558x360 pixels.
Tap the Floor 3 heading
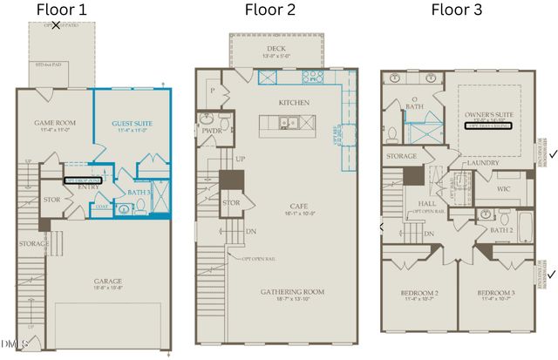pos(459,10)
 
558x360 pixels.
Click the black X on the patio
pos(56,25)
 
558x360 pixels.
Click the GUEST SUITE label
pos(129,124)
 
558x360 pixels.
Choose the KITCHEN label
pos(295,103)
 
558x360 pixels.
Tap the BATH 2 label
pos(502,230)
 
